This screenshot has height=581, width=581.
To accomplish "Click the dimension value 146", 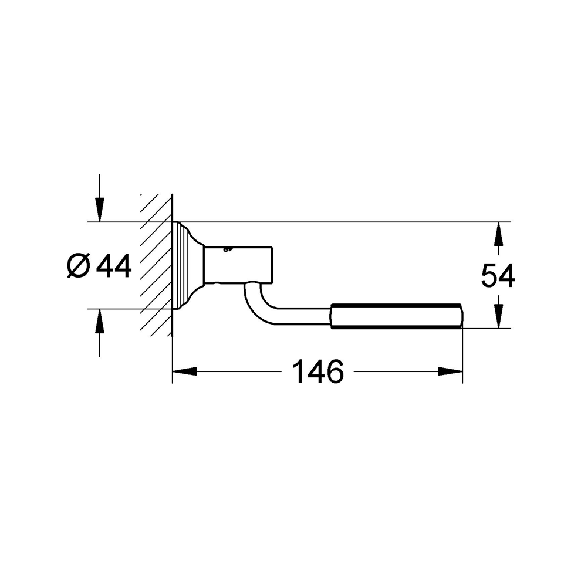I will click(317, 371).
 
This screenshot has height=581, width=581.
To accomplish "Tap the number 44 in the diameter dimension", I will click(114, 266).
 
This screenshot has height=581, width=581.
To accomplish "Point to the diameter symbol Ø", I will click(78, 267).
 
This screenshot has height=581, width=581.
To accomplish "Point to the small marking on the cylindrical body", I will click(228, 249).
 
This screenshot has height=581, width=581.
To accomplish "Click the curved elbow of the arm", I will click(255, 302).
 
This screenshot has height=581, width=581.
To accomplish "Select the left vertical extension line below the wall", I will click(172, 358).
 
